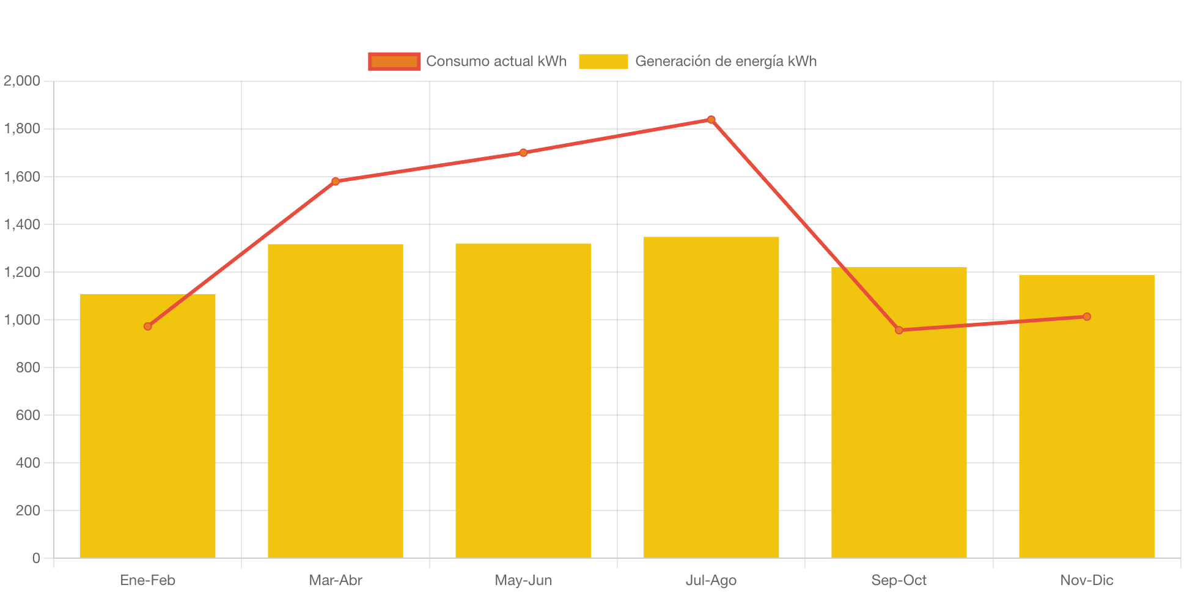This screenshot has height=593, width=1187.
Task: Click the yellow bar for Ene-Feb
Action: pyautogui.click(x=147, y=440)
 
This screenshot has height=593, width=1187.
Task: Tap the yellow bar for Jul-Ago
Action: pyautogui.click(x=711, y=397)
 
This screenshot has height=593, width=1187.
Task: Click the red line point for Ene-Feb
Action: pyautogui.click(x=148, y=326)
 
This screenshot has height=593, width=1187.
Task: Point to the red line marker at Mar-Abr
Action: pyautogui.click(x=336, y=181)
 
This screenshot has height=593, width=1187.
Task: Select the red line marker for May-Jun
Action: pyautogui.click(x=523, y=153)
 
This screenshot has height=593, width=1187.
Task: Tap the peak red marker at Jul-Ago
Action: pyautogui.click(x=711, y=119)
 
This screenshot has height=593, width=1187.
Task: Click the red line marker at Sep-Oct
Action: pyautogui.click(x=899, y=330)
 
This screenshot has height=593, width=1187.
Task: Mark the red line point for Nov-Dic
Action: pyautogui.click(x=1087, y=317)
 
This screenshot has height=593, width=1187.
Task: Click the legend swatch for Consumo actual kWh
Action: pyautogui.click(x=394, y=61)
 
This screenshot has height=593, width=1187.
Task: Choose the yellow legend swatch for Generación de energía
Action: pyautogui.click(x=603, y=61)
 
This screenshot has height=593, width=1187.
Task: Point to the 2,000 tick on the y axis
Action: pyautogui.click(x=22, y=81)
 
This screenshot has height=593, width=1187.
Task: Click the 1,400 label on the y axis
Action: pyautogui.click(x=22, y=224)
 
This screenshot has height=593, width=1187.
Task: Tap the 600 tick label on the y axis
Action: pyautogui.click(x=28, y=415)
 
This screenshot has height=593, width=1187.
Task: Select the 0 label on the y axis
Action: pyautogui.click(x=36, y=558)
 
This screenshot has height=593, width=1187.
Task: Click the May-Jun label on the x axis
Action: pyautogui.click(x=523, y=580)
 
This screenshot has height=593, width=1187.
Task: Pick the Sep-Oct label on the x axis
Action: pyautogui.click(x=899, y=580)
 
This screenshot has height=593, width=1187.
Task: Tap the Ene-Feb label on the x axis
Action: pyautogui.click(x=148, y=580)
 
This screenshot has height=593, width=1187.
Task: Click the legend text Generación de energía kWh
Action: pyautogui.click(x=726, y=61)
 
